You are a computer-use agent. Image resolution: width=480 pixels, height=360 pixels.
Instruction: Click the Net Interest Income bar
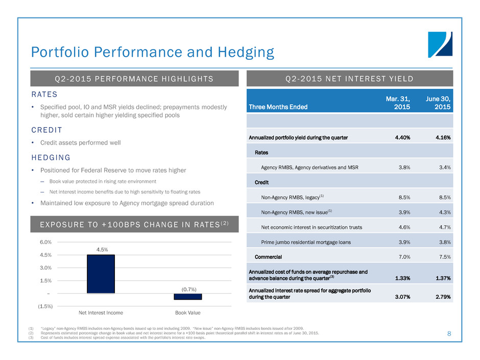click(101, 274)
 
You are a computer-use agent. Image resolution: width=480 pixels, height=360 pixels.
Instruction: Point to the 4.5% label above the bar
click(101, 249)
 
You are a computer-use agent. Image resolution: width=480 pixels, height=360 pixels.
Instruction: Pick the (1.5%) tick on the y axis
click(44, 306)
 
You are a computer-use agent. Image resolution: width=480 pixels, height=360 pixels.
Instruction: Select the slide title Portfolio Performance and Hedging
click(153, 52)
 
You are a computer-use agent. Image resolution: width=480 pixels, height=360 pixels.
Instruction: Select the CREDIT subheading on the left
click(46, 130)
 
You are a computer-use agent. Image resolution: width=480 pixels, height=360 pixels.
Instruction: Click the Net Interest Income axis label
click(101, 313)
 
